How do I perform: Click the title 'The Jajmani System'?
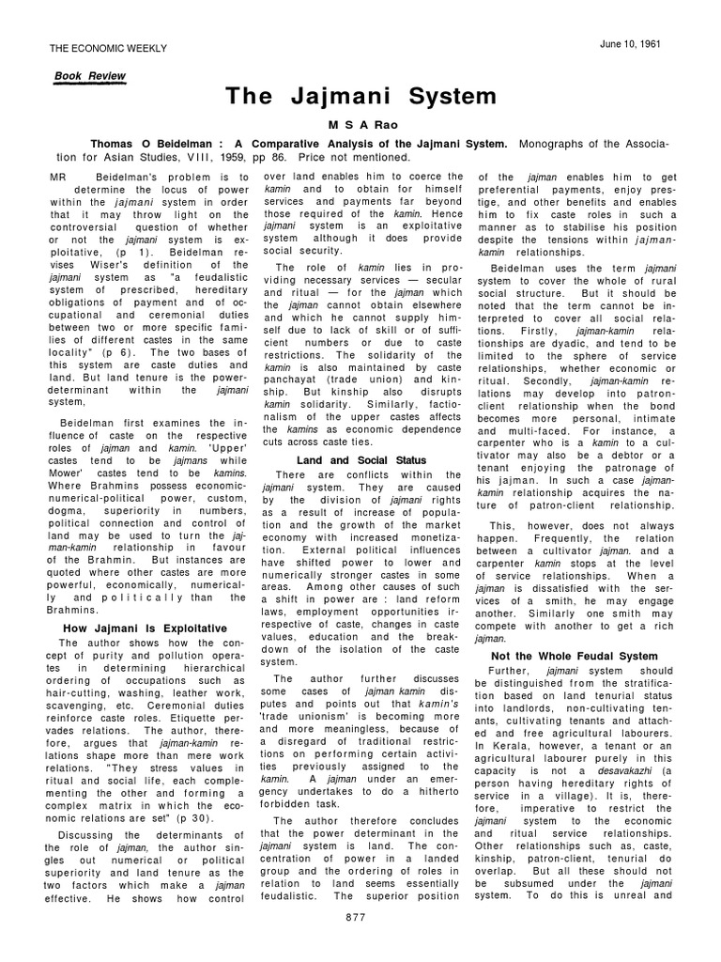point(360,97)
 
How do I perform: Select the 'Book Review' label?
point(91,75)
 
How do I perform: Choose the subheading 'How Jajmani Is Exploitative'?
point(145,627)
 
